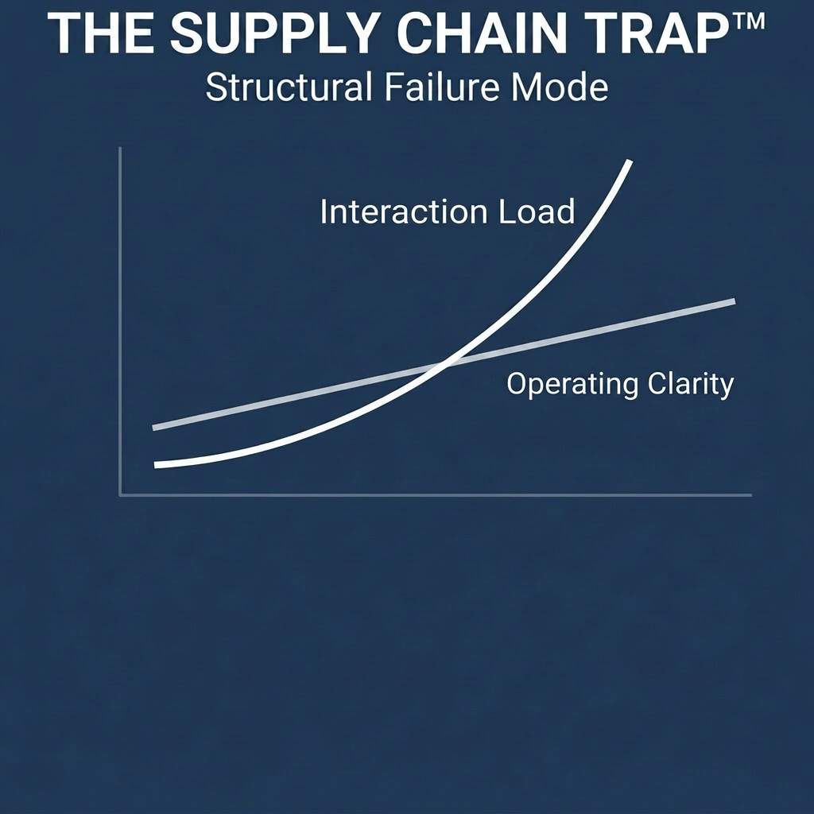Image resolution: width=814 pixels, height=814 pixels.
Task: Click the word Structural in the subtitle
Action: pyautogui.click(x=287, y=87)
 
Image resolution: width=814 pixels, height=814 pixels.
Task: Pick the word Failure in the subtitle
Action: pyautogui.click(x=438, y=87)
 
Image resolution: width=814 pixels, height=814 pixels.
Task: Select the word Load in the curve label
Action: pyautogui.click(x=537, y=212)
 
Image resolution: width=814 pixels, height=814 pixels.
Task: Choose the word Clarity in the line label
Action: pyautogui.click(x=690, y=385)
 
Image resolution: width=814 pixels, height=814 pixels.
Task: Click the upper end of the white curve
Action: pyautogui.click(x=630, y=162)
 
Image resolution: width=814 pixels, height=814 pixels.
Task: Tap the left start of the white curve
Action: pyautogui.click(x=156, y=464)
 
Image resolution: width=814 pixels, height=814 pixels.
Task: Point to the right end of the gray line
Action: pyautogui.click(x=733, y=301)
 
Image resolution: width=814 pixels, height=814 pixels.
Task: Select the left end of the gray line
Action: pyautogui.click(x=154, y=428)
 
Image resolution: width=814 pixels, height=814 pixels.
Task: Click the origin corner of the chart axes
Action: pyautogui.click(x=120, y=495)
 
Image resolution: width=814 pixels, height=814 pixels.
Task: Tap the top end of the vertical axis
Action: pyautogui.click(x=120, y=149)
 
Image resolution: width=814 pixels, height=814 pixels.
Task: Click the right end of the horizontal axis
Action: pyautogui.click(x=750, y=495)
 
